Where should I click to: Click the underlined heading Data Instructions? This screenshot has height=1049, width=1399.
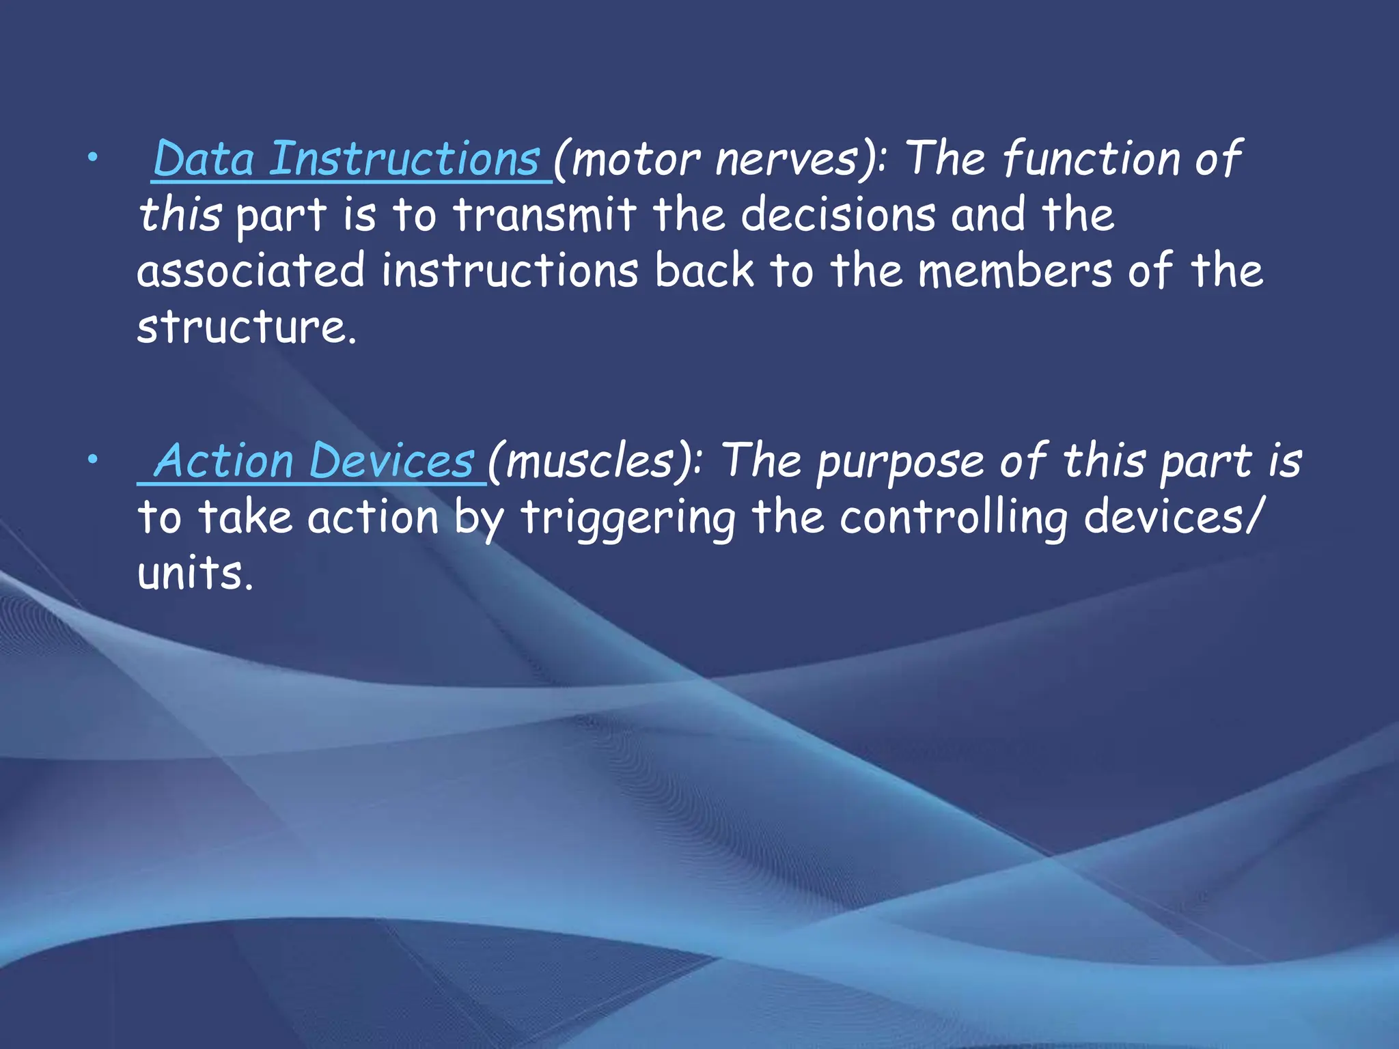coord(347,158)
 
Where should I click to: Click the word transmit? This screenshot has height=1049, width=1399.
coord(544,214)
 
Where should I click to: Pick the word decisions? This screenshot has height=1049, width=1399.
coord(838,214)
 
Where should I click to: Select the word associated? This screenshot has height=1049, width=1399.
coord(251,270)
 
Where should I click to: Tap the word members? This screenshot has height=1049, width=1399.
coord(1014,270)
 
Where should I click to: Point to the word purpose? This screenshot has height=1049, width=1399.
coord(901,462)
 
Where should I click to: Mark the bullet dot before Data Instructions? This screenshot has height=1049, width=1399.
coord(92,158)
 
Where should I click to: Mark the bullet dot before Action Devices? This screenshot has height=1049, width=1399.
coord(92,460)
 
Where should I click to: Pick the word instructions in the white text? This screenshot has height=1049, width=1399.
coord(510,270)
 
